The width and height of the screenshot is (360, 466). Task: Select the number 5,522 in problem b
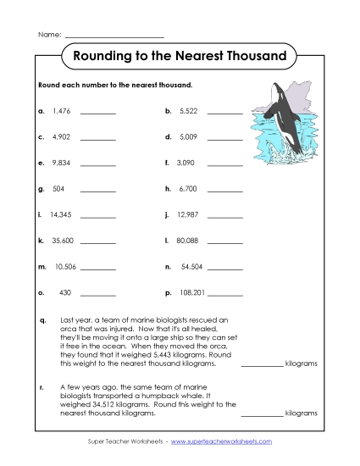coord(188,111)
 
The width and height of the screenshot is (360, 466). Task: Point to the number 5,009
coord(188,136)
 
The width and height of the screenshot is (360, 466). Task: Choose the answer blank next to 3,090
coord(224,164)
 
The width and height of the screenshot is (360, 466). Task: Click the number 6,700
coord(188,188)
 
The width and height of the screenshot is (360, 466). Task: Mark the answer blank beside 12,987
coord(224,216)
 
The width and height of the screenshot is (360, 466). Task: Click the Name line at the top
coord(114,36)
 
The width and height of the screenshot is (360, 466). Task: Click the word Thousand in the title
coord(250,58)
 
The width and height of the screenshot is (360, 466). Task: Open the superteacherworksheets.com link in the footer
coord(227,442)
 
